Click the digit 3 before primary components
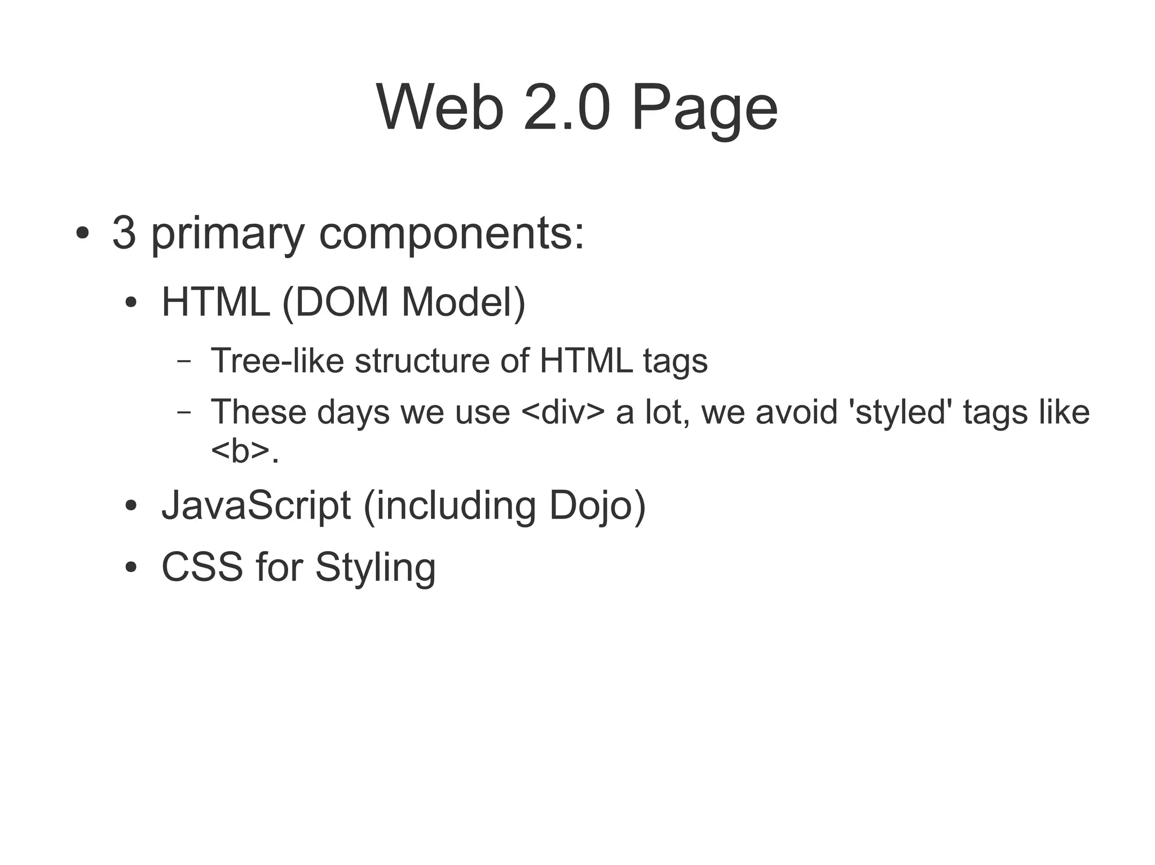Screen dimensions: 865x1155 pyautogui.click(x=124, y=233)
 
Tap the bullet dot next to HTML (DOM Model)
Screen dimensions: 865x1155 pyautogui.click(x=131, y=303)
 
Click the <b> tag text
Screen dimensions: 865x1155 pyautogui.click(x=240, y=451)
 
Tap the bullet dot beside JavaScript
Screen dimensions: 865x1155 pyautogui.click(x=131, y=506)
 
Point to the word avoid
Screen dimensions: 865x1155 pyautogui.click(x=797, y=412)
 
